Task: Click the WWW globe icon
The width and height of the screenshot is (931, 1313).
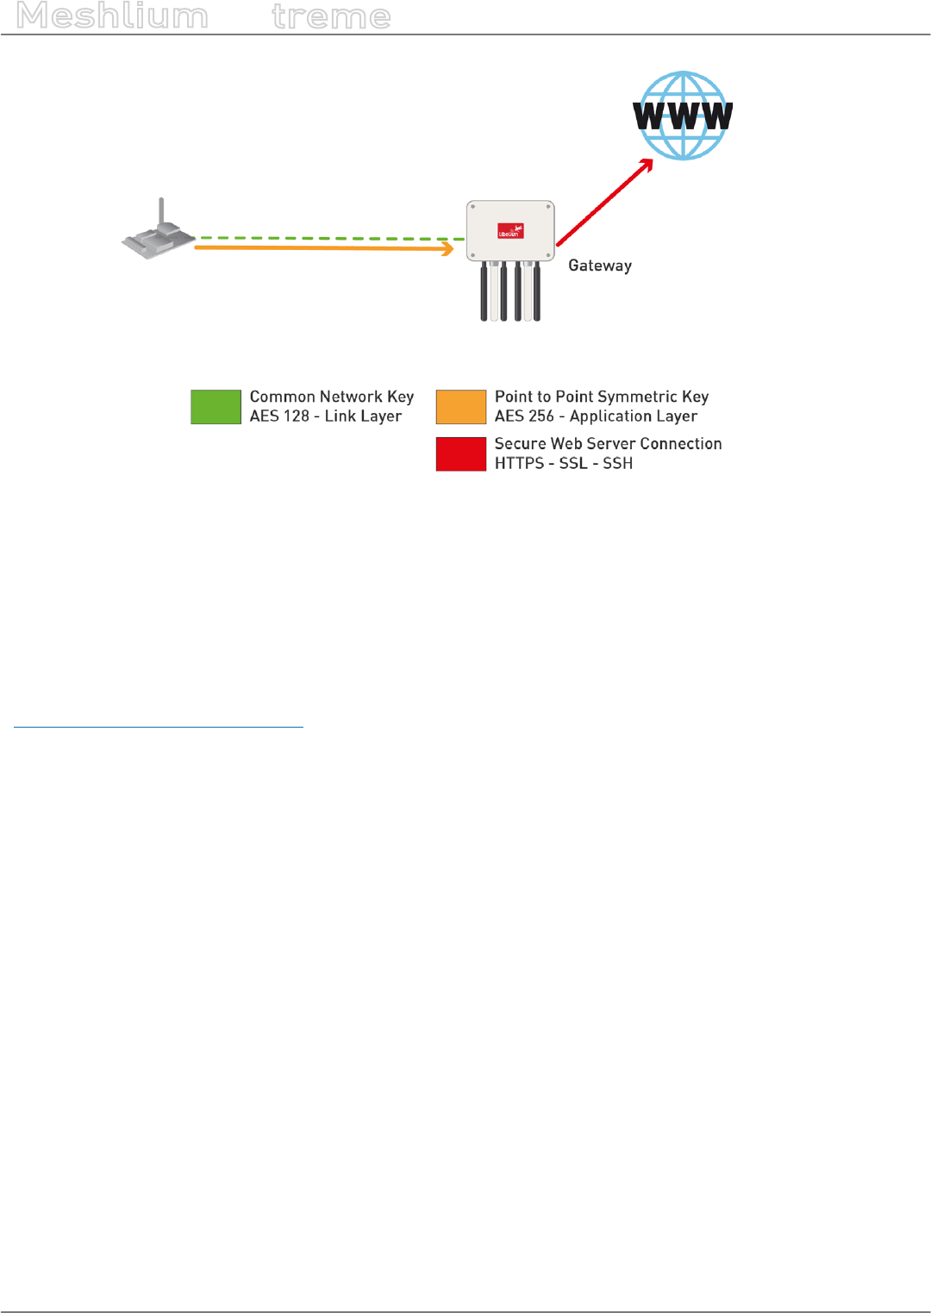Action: pos(683,116)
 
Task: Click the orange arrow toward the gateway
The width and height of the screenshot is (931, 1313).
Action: pos(319,247)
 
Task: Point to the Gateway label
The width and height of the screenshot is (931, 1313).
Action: pos(600,266)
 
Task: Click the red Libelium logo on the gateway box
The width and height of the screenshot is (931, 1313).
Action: pos(510,231)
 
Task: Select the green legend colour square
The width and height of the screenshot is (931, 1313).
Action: pos(216,407)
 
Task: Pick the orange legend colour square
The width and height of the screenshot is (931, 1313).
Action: pos(461,407)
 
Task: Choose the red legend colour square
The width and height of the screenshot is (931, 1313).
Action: pos(461,453)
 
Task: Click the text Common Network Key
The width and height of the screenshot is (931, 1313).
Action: pos(332,397)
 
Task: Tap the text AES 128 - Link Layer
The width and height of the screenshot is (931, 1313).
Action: pos(326,416)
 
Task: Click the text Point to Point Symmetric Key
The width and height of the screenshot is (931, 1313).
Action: pos(602,397)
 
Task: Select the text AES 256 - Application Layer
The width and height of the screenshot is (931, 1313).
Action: pos(596,416)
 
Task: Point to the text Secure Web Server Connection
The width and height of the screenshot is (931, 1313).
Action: pos(608,444)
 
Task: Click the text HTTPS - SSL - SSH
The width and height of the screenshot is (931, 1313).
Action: pos(564,464)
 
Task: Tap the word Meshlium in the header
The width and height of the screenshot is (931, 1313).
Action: pos(112,16)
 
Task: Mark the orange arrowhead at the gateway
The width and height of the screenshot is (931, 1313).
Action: pos(447,249)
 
